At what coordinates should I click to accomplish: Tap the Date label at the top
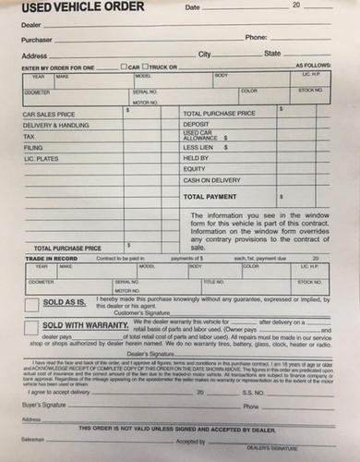pos(193,7)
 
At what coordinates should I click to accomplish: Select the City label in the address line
pos(205,54)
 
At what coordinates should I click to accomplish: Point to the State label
pos(272,54)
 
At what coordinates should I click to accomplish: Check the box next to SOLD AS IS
pos(32,303)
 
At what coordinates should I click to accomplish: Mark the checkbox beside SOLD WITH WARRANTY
pos(32,330)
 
